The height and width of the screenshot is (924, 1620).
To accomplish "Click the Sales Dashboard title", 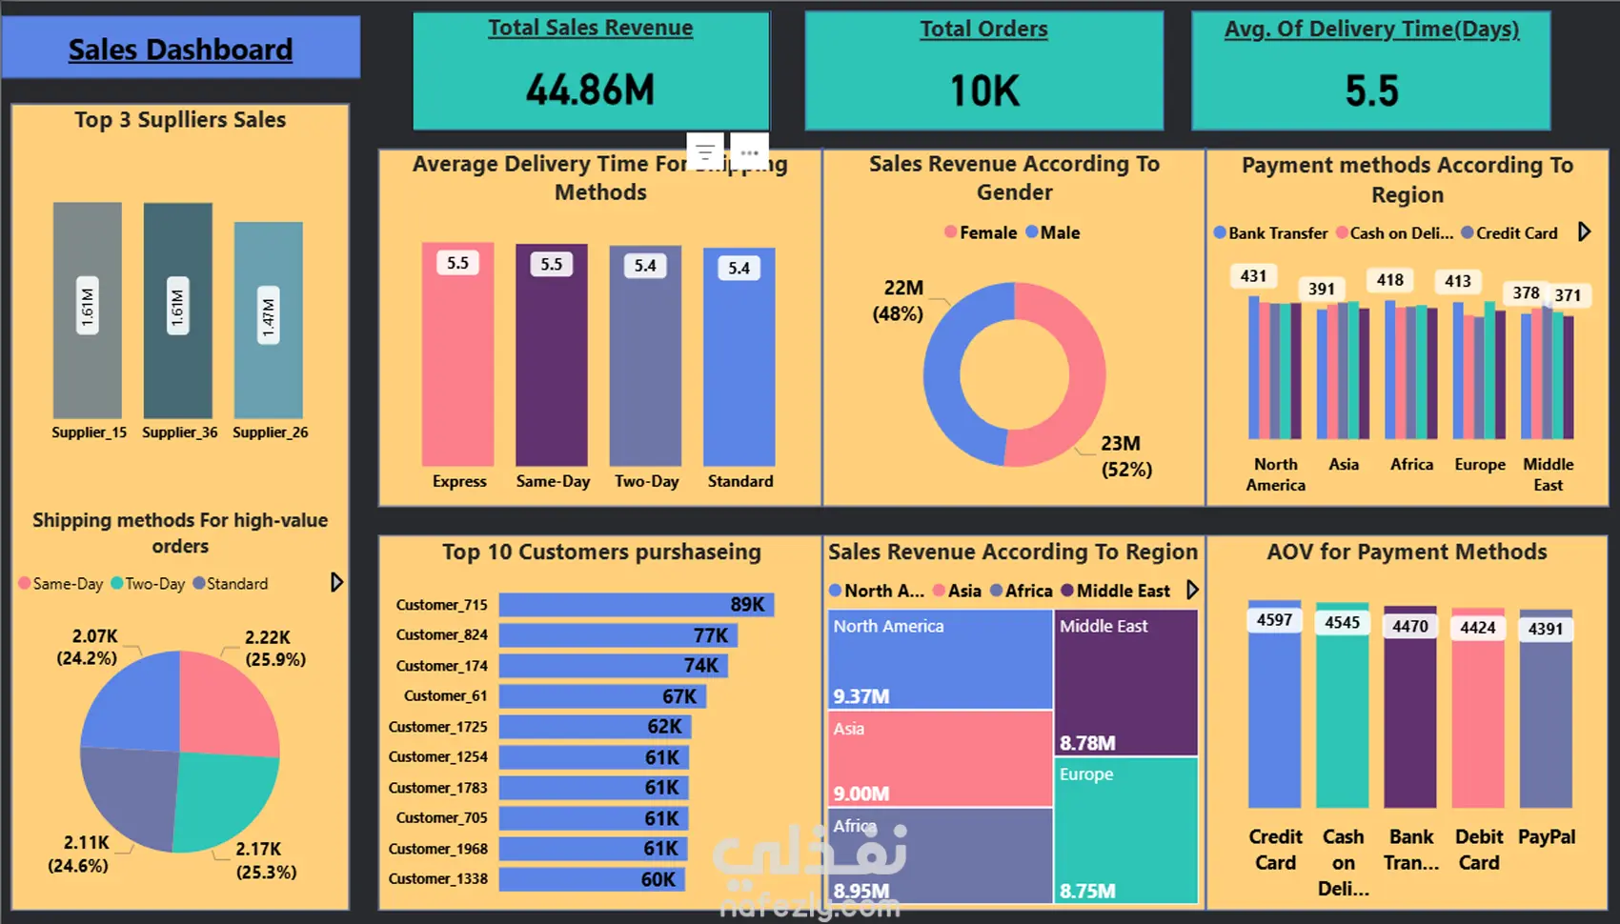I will click(180, 50).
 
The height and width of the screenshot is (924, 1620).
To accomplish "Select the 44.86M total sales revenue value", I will click(591, 90).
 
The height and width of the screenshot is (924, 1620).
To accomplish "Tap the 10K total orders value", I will click(984, 91).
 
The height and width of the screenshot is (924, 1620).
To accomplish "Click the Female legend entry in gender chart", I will click(981, 232).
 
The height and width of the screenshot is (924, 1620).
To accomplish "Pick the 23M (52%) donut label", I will click(1125, 456).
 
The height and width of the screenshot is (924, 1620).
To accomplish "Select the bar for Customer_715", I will click(636, 605).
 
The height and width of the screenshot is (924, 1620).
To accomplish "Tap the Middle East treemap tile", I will click(1125, 682).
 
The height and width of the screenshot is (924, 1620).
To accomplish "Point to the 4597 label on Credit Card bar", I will click(1274, 620).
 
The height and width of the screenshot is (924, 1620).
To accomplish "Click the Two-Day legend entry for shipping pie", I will click(149, 584).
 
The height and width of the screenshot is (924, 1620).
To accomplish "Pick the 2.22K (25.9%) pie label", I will click(274, 648).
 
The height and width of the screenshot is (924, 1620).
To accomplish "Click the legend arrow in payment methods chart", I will click(1584, 231).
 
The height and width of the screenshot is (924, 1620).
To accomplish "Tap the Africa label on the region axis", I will click(1411, 464).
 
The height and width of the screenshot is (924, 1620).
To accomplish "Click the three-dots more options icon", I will click(750, 152).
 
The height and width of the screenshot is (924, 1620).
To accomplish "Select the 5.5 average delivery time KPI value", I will click(1371, 91).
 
